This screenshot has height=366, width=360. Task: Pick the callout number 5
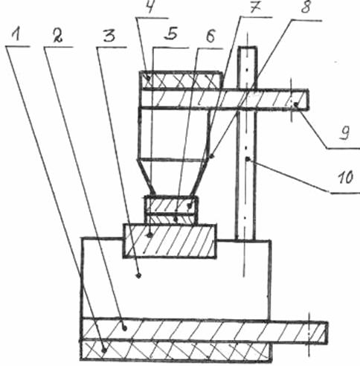[171, 33]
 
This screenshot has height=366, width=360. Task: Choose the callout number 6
[210, 36]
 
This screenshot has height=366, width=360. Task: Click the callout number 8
[306, 7]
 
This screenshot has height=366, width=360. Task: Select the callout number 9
[344, 132]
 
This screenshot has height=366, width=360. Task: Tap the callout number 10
[345, 177]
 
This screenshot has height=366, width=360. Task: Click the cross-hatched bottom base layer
[176, 350]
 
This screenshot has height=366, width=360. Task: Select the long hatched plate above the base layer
[204, 330]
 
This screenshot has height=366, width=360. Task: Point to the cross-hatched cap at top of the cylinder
[180, 80]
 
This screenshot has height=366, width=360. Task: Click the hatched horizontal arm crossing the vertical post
[224, 99]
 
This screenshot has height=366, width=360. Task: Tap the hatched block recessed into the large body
[170, 241]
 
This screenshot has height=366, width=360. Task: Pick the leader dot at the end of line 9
[296, 105]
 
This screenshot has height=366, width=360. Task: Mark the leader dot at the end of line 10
[248, 158]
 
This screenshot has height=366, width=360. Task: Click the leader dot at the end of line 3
[139, 275]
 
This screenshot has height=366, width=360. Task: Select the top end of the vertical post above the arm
[247, 47]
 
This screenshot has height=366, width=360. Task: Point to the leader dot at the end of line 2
[125, 329]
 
